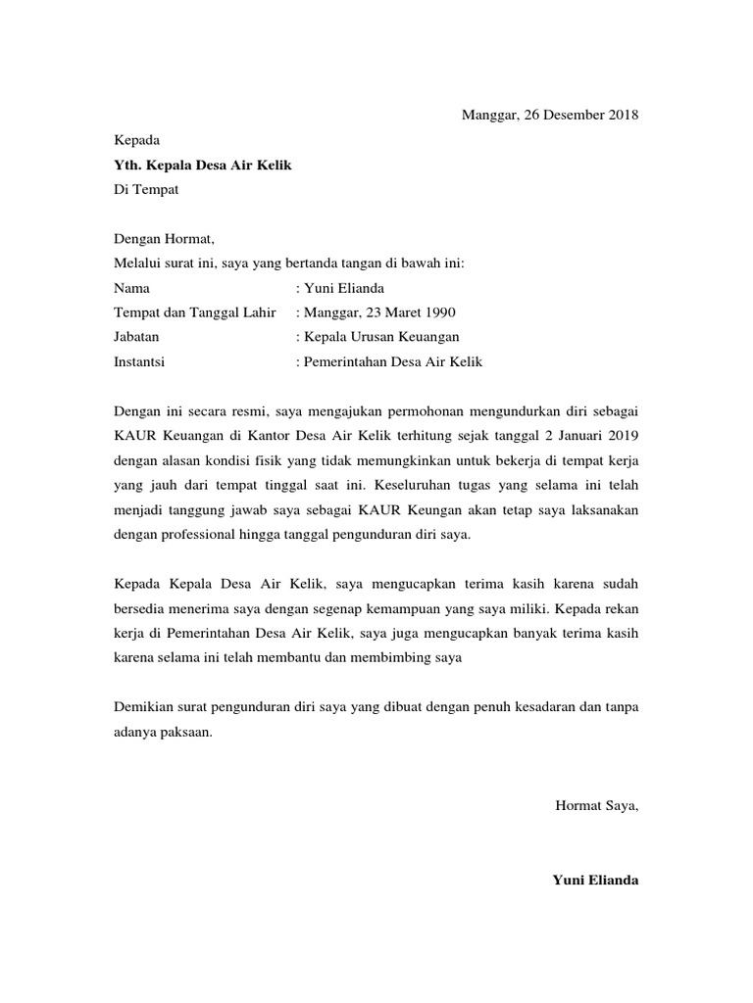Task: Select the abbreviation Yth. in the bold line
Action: click(128, 166)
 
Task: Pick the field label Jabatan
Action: click(136, 337)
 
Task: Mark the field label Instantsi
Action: click(139, 361)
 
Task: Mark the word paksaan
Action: click(182, 732)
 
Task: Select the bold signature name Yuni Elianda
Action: click(595, 881)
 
